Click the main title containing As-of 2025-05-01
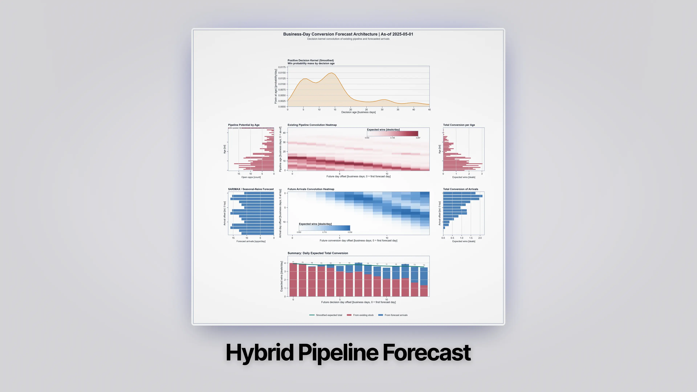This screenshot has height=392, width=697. pos(348,34)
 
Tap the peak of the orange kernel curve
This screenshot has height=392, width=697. pos(332,73)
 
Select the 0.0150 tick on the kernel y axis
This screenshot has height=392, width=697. pos(282,73)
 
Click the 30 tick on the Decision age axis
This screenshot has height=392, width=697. pos(382,110)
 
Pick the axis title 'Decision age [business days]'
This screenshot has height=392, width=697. pos(358,112)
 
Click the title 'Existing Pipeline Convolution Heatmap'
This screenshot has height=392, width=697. pos(312,125)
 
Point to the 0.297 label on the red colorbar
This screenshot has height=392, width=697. pos(418,138)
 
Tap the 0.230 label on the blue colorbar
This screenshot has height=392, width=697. pos(350,232)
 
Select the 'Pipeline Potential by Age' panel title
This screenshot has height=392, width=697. pos(244,125)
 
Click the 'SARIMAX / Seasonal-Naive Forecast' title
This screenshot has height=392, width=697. pos(250,189)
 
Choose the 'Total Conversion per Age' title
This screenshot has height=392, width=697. pos(459,125)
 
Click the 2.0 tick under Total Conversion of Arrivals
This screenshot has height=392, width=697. pos(480,238)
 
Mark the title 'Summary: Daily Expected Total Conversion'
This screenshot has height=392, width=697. pos(318,253)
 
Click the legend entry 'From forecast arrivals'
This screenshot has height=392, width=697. pos(396,315)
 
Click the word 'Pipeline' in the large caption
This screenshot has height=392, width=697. pos(338,352)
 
